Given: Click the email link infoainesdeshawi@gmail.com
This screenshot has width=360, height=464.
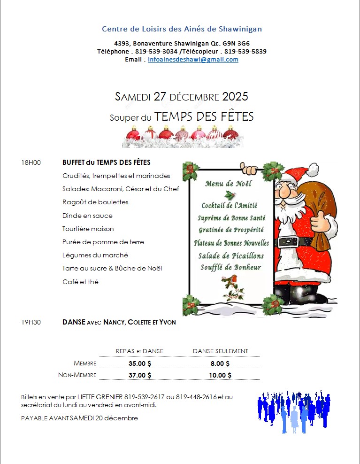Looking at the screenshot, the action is click(x=193, y=60).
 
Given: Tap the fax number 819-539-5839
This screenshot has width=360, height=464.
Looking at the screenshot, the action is click(x=245, y=51).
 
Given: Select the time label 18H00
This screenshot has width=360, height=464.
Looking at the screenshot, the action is click(x=31, y=162).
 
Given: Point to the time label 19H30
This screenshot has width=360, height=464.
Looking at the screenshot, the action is click(x=31, y=322).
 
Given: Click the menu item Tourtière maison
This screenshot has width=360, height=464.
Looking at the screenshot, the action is click(x=88, y=229).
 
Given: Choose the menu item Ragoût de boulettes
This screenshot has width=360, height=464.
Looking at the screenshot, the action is click(x=95, y=202).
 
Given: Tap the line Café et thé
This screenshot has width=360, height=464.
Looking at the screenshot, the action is click(x=80, y=282).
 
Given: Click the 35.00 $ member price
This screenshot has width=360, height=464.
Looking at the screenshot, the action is click(x=140, y=363).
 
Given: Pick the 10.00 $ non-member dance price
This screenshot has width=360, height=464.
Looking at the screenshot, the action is click(x=220, y=375).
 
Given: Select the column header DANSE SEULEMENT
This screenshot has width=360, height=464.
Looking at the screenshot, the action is click(x=220, y=351).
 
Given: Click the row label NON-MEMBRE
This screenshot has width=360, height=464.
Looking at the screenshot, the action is click(x=77, y=375).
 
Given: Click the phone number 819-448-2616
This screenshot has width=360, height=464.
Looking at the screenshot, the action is click(x=196, y=397).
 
